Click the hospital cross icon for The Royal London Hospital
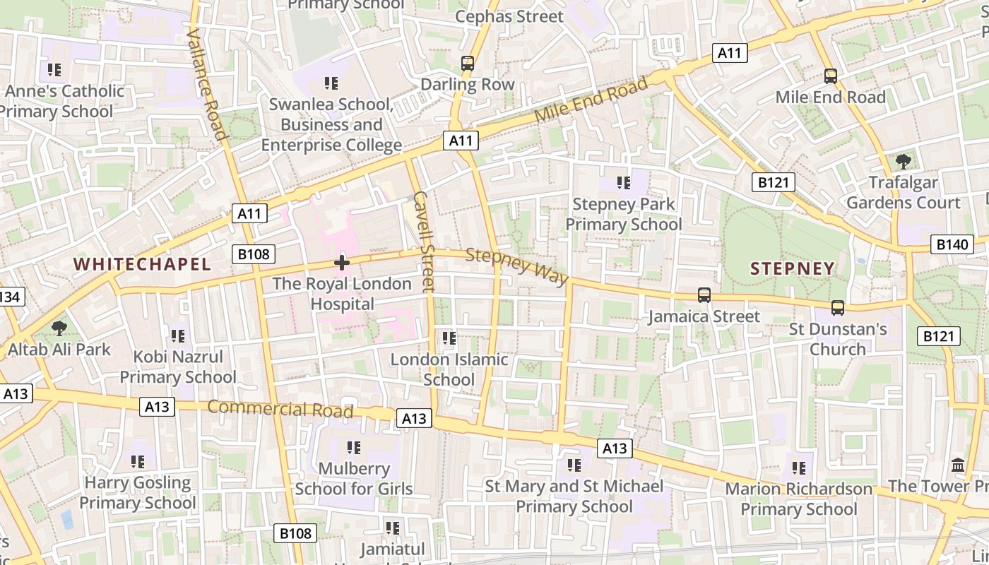click(x=342, y=263)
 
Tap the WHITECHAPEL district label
click(x=142, y=265)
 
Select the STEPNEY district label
click(x=792, y=268)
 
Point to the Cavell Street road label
click(x=424, y=241)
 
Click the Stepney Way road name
click(x=517, y=267)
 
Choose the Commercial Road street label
click(x=280, y=409)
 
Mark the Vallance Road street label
click(x=206, y=84)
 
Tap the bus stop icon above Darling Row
click(x=467, y=64)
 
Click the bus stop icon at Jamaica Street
click(x=704, y=295)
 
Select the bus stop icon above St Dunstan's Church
click(x=837, y=308)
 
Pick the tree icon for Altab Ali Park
click(x=59, y=328)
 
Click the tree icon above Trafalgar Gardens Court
click(x=903, y=161)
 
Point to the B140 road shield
click(x=951, y=245)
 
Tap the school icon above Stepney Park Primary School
click(x=623, y=184)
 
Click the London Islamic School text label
click(x=449, y=369)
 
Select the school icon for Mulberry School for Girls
click(x=354, y=447)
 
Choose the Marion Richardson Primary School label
click(x=798, y=499)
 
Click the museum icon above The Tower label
click(x=959, y=465)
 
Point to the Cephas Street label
click(x=509, y=16)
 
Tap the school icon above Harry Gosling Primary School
click(x=138, y=462)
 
